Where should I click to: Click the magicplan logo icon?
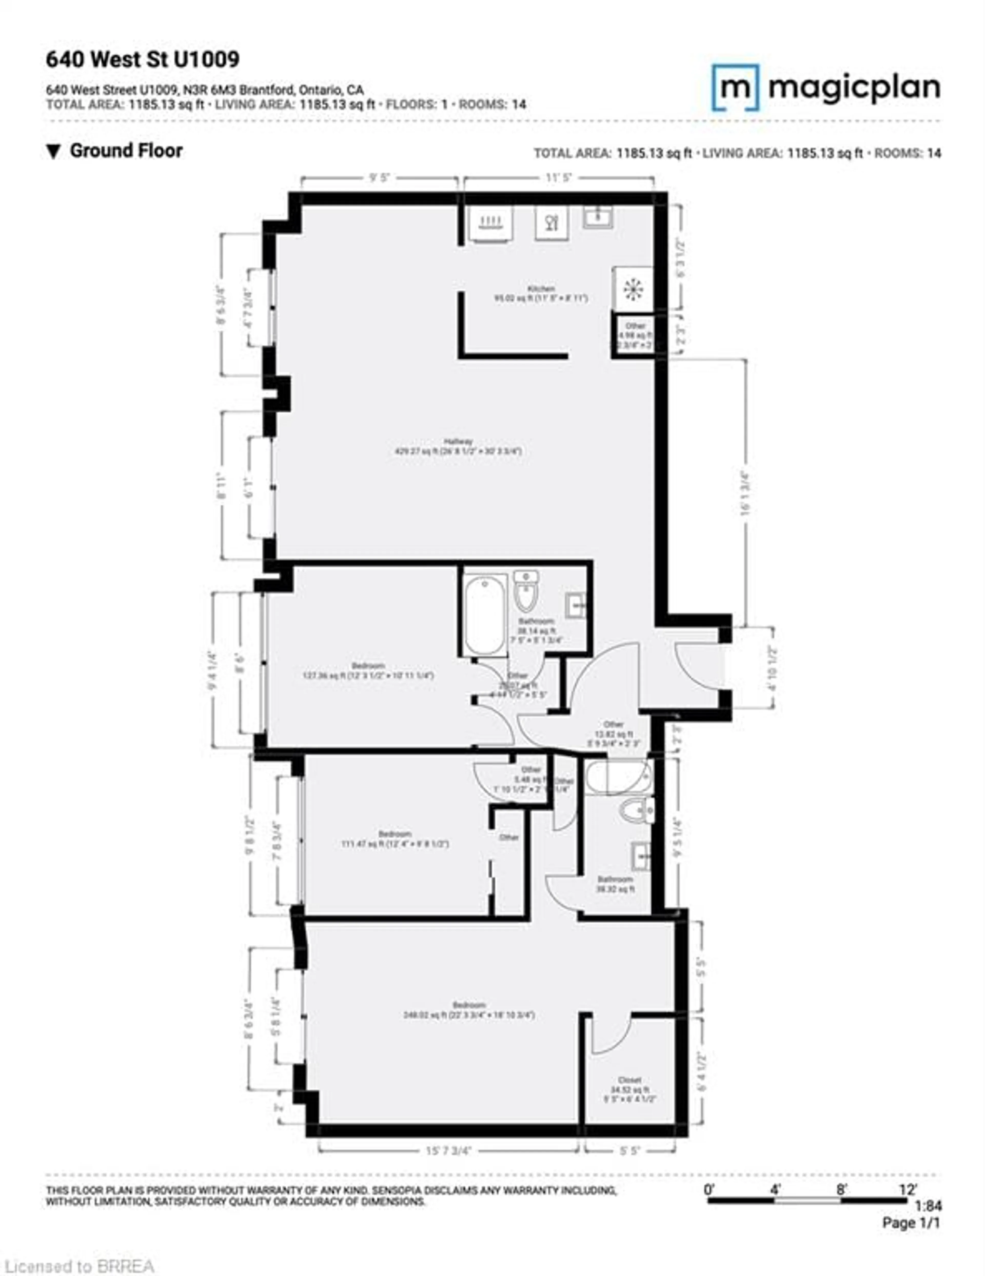735,88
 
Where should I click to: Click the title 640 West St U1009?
143,59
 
